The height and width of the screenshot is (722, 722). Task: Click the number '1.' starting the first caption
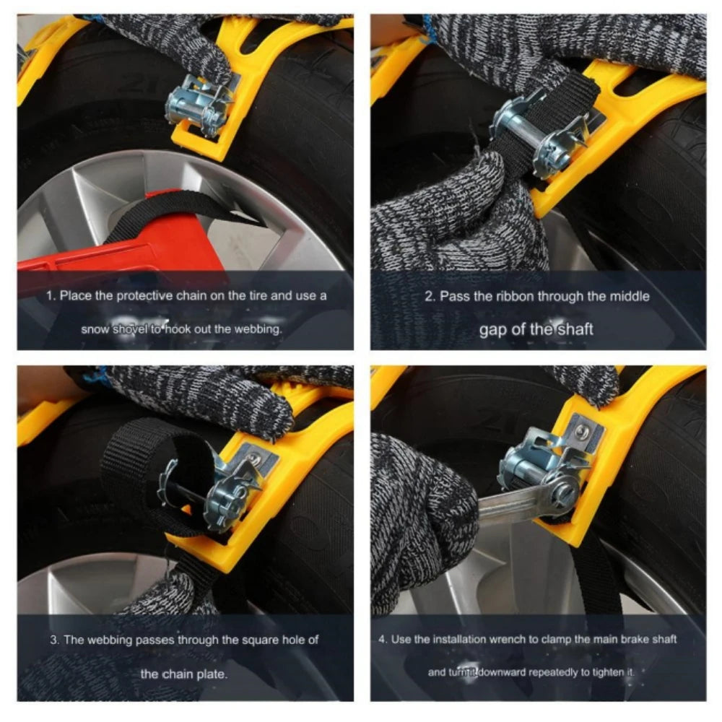tap(51, 295)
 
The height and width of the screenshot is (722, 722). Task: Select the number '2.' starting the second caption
tap(429, 295)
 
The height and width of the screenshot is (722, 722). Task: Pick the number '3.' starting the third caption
tap(54, 639)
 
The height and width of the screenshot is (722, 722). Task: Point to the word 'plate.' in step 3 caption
tap(214, 674)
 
